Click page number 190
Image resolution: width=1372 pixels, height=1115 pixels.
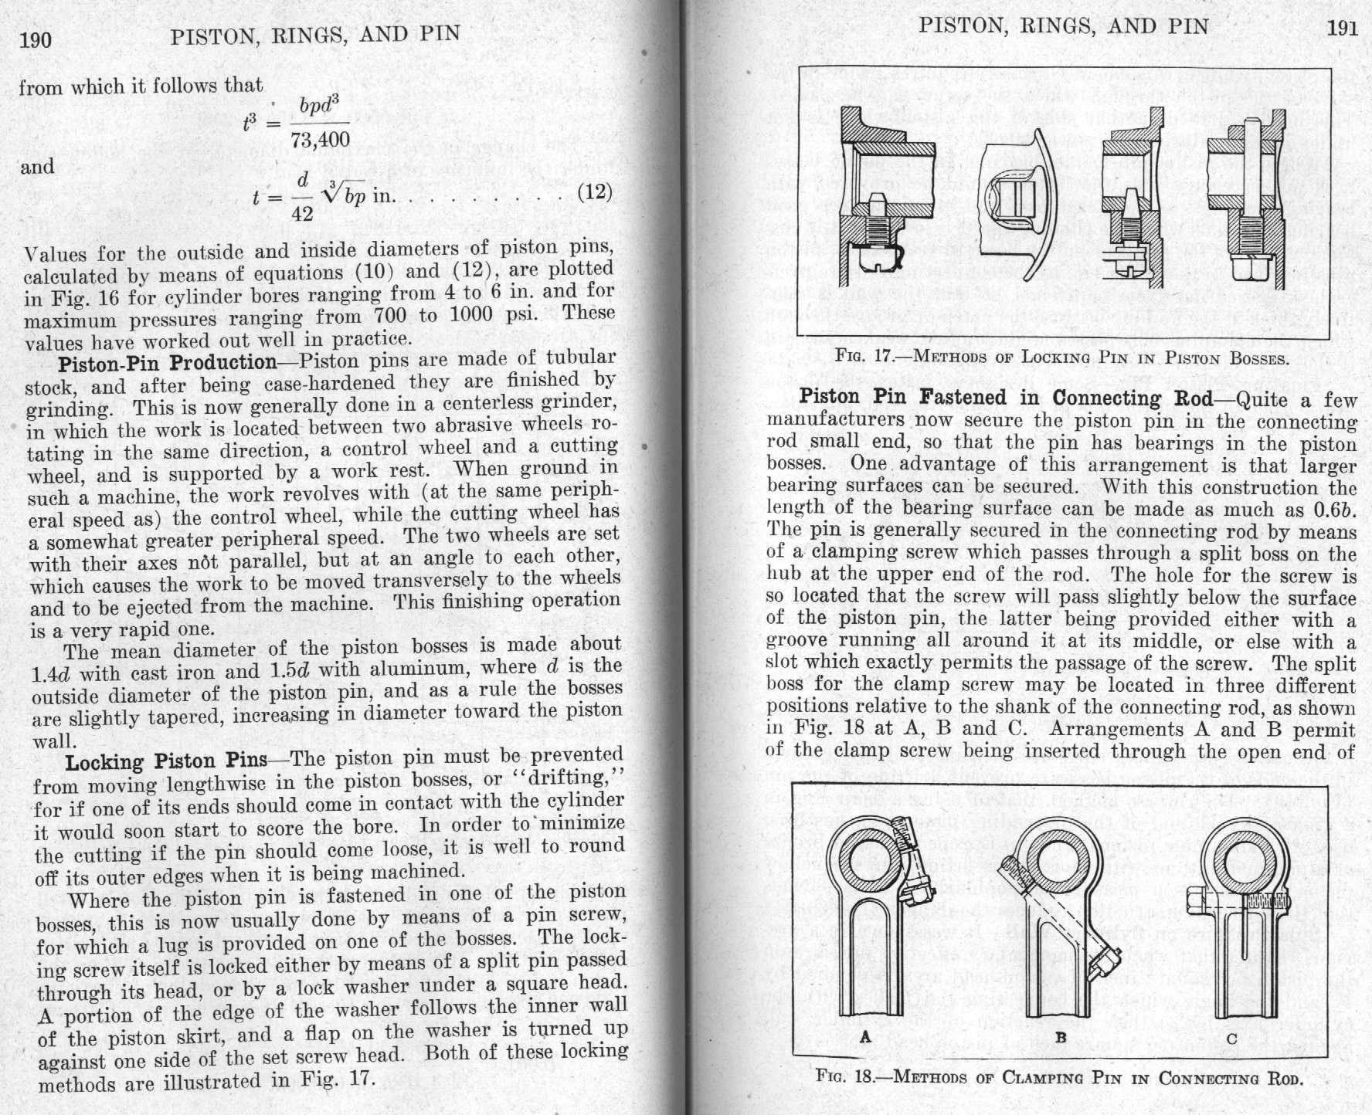point(36,39)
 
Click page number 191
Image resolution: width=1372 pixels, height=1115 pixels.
point(1342,28)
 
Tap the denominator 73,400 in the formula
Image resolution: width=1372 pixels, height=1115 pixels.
point(320,140)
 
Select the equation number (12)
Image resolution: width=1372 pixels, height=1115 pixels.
point(595,191)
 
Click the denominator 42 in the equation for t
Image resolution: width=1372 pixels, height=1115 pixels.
point(302,214)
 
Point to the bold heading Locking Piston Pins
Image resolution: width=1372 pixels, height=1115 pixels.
point(166,762)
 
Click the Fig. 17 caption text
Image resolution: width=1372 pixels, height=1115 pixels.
point(1061,358)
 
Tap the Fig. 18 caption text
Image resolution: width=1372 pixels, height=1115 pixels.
point(1059,1078)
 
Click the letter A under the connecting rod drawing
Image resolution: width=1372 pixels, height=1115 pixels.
point(865,1037)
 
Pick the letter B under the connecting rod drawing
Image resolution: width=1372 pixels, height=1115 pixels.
point(1061,1038)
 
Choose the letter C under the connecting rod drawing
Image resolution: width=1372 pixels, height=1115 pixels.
point(1231,1039)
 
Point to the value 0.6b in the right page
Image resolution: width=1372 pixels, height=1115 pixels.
point(1334,510)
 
